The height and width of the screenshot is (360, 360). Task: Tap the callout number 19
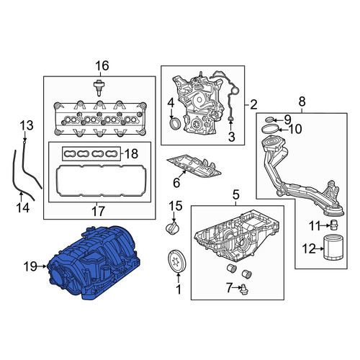point(30,266)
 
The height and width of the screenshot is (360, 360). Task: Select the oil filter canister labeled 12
point(334,248)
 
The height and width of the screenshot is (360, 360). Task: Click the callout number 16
point(102,66)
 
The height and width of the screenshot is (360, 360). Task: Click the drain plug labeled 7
point(245,289)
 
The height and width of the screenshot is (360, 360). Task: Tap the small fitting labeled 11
point(334,225)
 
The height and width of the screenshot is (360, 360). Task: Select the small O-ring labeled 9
point(270,120)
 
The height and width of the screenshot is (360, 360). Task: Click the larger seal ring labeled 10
point(271,129)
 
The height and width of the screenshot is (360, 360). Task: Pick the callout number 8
point(302,102)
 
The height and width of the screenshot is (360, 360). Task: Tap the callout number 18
point(131,153)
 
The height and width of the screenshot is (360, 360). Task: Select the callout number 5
point(236,194)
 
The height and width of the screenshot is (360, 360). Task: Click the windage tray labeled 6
point(193,166)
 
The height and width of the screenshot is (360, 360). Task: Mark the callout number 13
point(27,125)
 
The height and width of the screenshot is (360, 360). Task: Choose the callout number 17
point(98,211)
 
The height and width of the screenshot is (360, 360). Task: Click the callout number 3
point(231,137)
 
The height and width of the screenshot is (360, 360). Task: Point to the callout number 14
point(23,207)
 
